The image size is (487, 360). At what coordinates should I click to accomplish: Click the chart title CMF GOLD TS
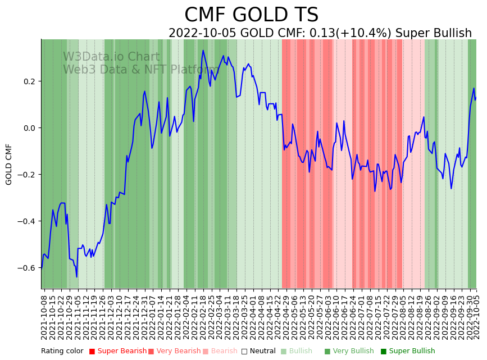click(251, 15)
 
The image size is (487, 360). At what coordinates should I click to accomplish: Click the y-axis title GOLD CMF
click(9, 164)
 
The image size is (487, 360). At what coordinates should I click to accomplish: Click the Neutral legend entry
click(258, 352)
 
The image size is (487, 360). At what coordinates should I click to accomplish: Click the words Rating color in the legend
click(62, 352)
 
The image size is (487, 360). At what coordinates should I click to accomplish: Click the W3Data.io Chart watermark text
click(111, 57)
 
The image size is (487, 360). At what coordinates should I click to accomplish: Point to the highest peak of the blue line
click(203, 51)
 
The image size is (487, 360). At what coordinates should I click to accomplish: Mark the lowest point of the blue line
click(77, 277)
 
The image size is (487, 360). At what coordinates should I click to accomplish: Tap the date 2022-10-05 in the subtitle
click(203, 33)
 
